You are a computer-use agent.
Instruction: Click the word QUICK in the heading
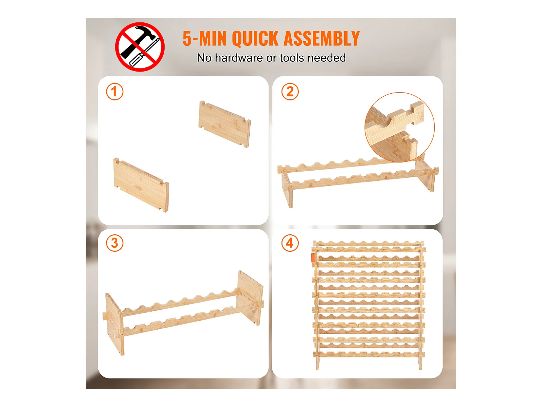point(255,39)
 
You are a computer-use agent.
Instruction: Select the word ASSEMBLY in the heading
point(322,38)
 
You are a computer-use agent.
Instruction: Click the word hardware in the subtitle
point(239,58)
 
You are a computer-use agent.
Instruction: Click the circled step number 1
point(114,92)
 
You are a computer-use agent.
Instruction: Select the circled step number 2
point(290,92)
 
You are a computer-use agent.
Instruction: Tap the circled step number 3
point(114,243)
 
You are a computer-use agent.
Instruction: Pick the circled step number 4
point(290,243)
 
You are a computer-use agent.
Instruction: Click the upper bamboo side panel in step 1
point(225,124)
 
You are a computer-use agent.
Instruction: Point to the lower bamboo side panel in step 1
point(141,185)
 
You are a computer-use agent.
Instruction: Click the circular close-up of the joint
point(399,127)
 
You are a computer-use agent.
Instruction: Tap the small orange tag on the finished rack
point(313,257)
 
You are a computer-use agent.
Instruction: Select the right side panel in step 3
point(250,297)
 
